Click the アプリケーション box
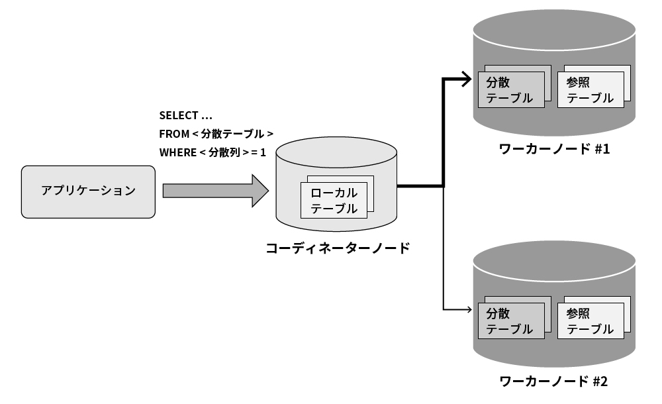tap(88, 191)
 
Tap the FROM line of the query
tap(216, 134)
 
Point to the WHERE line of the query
tap(212, 152)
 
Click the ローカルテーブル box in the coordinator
tap(334, 201)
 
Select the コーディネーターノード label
tap(337, 248)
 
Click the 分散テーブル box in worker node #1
tap(510, 90)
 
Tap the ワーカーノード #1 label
tap(553, 148)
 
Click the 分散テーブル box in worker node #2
tap(510, 321)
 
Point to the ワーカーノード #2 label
tap(553, 381)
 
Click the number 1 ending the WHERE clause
tap(263, 152)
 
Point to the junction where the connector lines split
tap(443, 186)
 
